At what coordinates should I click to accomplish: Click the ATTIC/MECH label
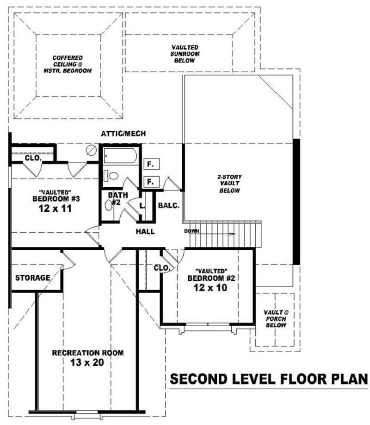pos(123,133)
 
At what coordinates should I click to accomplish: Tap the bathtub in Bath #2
pos(120,156)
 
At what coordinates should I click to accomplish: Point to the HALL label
pos(145,232)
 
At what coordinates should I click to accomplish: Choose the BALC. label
pos(168,205)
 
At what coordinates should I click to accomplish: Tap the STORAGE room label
pos(32,278)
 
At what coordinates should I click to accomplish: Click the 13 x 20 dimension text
pos(87,362)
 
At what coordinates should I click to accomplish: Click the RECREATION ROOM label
pos(87,353)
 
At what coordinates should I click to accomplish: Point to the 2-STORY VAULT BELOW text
pos(230,184)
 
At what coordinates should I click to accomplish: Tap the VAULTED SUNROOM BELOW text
pos(185,54)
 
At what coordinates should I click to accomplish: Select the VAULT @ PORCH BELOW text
pos(276,319)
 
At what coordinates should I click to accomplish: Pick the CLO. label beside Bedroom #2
pos(162,268)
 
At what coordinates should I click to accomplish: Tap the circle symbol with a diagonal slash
pos(92,150)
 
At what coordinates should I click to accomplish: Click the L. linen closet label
pos(143,206)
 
